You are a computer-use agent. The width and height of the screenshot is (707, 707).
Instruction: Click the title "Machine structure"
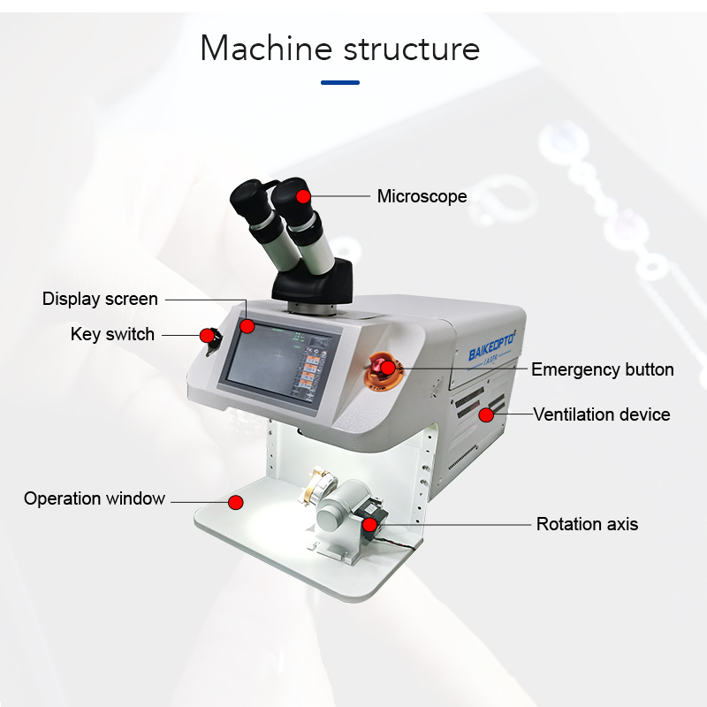tap(340, 49)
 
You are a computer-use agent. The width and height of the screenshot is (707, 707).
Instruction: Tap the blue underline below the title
tap(340, 83)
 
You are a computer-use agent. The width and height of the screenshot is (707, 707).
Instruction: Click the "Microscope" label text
tap(422, 196)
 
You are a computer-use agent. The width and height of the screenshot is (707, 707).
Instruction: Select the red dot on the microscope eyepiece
tap(303, 195)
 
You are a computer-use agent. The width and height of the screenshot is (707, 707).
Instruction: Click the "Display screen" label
tap(100, 299)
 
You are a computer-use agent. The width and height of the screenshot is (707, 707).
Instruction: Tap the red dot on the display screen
tap(247, 327)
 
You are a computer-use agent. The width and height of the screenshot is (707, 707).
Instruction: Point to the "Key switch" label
tap(112, 334)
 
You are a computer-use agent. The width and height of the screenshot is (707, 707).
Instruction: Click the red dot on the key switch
tap(207, 336)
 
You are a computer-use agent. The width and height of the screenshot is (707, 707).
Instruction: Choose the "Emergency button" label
tap(602, 369)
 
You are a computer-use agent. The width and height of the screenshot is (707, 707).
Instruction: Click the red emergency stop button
tap(385, 368)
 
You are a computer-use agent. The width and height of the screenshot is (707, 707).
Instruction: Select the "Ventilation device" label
tap(601, 414)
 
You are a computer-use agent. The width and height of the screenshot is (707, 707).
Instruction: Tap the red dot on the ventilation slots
tap(485, 414)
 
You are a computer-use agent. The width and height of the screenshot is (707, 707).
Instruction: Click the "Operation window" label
tap(95, 498)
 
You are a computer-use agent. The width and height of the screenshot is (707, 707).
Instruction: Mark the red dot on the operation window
tap(235, 502)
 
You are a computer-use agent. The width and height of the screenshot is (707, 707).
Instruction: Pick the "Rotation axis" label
tap(587, 524)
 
